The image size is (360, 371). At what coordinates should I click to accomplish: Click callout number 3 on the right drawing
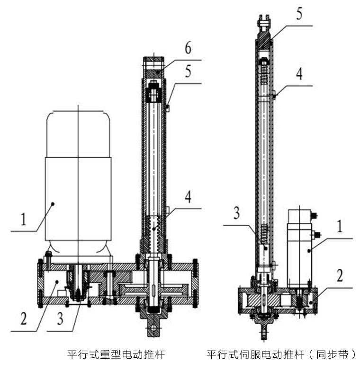[236, 213]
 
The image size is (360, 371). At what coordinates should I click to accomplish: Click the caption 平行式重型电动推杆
[117, 354]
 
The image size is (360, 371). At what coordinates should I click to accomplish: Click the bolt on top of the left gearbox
[48, 256]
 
